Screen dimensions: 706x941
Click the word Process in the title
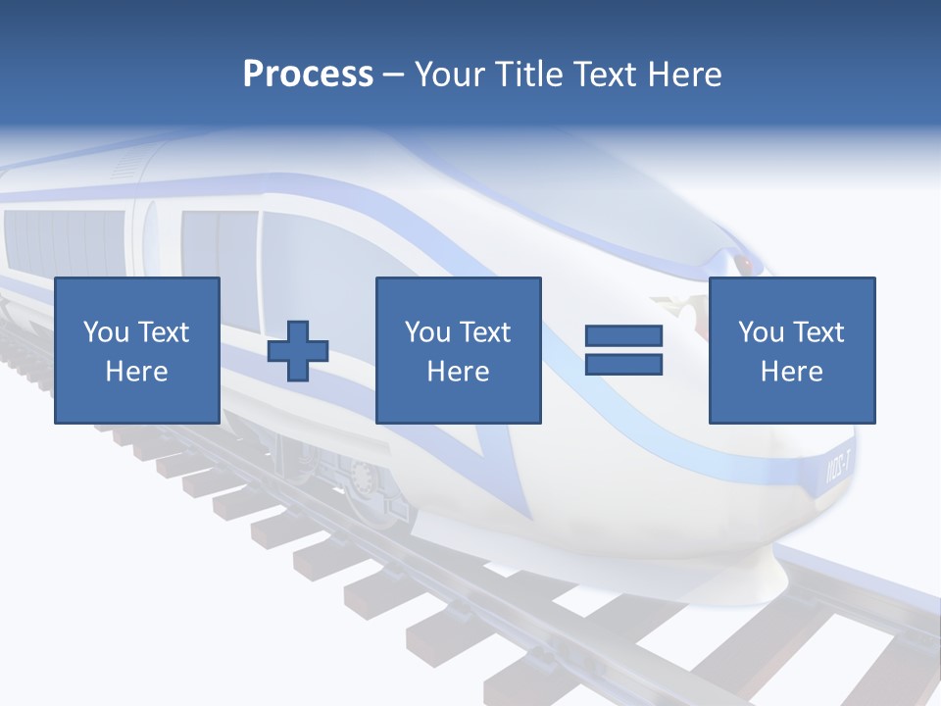[308, 75]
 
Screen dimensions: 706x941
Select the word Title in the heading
[529, 75]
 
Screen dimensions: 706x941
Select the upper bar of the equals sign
[623, 336]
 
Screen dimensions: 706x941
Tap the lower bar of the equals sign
[623, 364]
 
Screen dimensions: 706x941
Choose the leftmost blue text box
[137, 350]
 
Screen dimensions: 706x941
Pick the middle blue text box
[458, 350]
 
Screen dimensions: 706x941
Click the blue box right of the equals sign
[791, 350]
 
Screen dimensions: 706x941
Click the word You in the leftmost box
[106, 332]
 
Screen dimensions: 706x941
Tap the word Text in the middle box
[483, 332]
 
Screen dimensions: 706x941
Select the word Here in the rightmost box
[791, 372]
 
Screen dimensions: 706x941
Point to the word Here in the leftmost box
[137, 372]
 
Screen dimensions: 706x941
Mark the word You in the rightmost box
[761, 332]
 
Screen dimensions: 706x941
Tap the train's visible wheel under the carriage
[361, 480]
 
